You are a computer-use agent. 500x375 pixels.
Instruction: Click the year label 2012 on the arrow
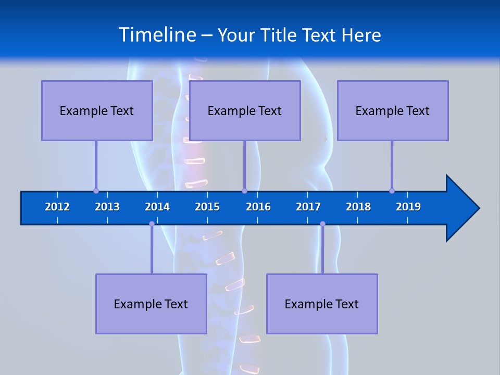pos(57,207)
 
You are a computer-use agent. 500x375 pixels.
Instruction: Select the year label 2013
pos(107,207)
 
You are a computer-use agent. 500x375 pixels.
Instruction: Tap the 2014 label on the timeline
pos(157,207)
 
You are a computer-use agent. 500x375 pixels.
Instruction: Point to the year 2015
pos(207,207)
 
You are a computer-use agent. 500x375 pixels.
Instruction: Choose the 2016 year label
pos(258,207)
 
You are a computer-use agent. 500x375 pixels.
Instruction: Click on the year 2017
pos(308,207)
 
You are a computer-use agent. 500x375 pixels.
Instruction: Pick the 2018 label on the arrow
pos(358,207)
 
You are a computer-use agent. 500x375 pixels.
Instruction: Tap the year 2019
pos(408,207)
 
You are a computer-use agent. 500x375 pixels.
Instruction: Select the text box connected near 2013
pos(97,110)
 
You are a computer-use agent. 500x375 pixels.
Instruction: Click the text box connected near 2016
pos(245,110)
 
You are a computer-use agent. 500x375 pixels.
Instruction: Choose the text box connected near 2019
pos(393,110)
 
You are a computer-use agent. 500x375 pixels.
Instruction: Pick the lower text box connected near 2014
pos(151,304)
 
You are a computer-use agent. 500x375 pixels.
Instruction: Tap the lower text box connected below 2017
pos(322,304)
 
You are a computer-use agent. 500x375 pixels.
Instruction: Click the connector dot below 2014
pos(152,224)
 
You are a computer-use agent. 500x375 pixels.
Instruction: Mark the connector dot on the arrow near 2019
pos(392,191)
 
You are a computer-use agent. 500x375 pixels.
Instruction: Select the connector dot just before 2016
pos(244,191)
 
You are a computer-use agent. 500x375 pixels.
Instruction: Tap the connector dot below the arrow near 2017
pos(322,224)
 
